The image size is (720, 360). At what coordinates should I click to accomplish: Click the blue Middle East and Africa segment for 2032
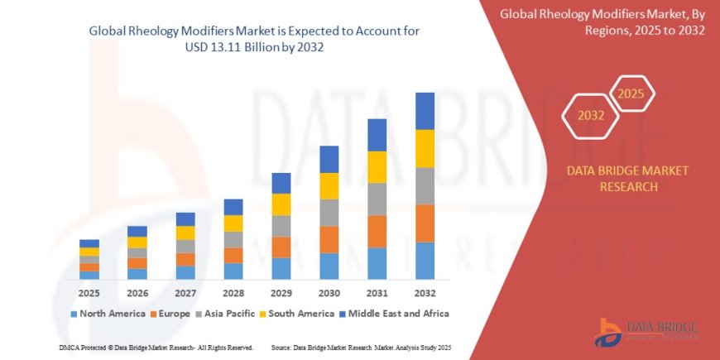coord(425,111)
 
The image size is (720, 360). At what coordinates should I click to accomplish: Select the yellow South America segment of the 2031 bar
coord(377,167)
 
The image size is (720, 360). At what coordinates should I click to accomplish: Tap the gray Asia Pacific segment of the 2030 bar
coord(329,213)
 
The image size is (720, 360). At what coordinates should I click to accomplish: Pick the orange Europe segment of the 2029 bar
coord(281,247)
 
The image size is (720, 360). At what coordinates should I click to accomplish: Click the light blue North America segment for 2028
coord(233,271)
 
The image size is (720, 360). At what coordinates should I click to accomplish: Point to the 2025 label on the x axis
coord(89,292)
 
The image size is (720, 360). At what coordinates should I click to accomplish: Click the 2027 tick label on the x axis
coord(185,292)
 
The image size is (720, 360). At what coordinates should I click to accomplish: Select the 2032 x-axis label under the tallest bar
coord(425,292)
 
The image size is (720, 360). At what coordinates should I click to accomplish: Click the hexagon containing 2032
coord(592,117)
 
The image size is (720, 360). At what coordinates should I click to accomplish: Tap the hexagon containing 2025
coord(631,93)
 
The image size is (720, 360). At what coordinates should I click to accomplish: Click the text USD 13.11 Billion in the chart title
coord(248,47)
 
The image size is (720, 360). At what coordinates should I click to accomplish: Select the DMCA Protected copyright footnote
coord(156,348)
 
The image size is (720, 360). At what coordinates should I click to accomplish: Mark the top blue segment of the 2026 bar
coord(137,231)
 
